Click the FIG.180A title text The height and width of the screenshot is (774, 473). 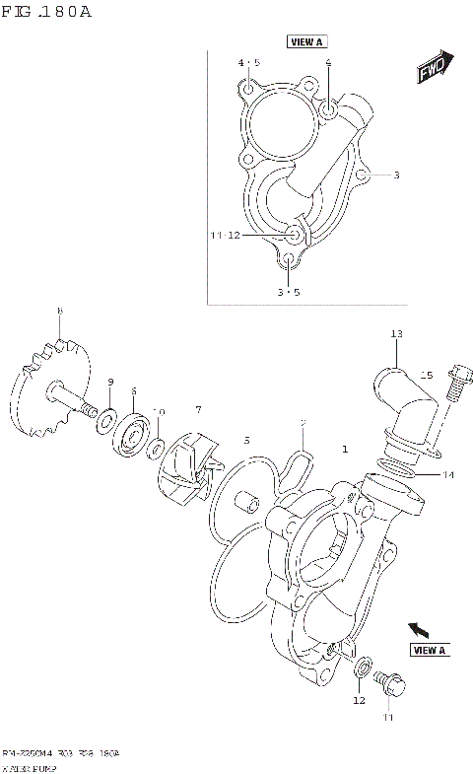coord(47,13)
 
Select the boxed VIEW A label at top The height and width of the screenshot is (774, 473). coord(306,41)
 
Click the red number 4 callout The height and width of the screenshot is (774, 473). coord(328,62)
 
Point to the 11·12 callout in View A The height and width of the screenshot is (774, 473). coord(225,236)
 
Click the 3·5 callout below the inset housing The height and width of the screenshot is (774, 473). coord(287,293)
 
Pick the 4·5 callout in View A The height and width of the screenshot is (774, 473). coord(248,63)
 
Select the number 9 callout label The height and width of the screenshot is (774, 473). coord(110,383)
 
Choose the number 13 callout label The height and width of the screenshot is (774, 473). coord(396,334)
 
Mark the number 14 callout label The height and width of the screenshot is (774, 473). coord(448,475)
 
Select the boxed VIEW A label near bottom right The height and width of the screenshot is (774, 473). coord(430,650)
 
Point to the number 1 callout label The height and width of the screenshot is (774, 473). coord(345,450)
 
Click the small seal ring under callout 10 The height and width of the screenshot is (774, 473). coord(157,450)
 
